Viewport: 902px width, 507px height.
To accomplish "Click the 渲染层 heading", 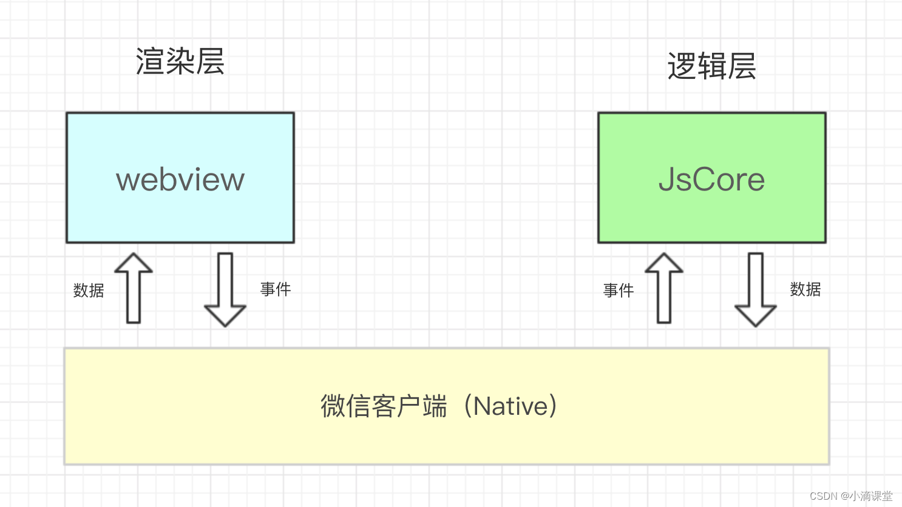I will [180, 62].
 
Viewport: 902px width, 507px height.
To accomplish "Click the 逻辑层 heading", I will [711, 66].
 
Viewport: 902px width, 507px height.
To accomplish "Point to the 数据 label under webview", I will [89, 290].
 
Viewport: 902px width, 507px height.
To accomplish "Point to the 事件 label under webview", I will [276, 289].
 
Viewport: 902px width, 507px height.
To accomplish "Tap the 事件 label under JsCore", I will [619, 290].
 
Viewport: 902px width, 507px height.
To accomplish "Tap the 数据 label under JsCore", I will [805, 289].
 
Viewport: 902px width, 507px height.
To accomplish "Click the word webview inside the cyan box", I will [180, 180].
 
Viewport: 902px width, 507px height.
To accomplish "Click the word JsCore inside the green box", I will [711, 180].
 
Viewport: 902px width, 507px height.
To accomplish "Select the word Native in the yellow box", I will [511, 406].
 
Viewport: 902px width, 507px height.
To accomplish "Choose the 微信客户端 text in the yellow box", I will [384, 406].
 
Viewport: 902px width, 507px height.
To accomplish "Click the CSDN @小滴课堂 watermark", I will [851, 496].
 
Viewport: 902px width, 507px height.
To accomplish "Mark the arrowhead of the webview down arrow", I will [225, 315].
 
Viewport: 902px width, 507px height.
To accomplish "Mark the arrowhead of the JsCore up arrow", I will [664, 263].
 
